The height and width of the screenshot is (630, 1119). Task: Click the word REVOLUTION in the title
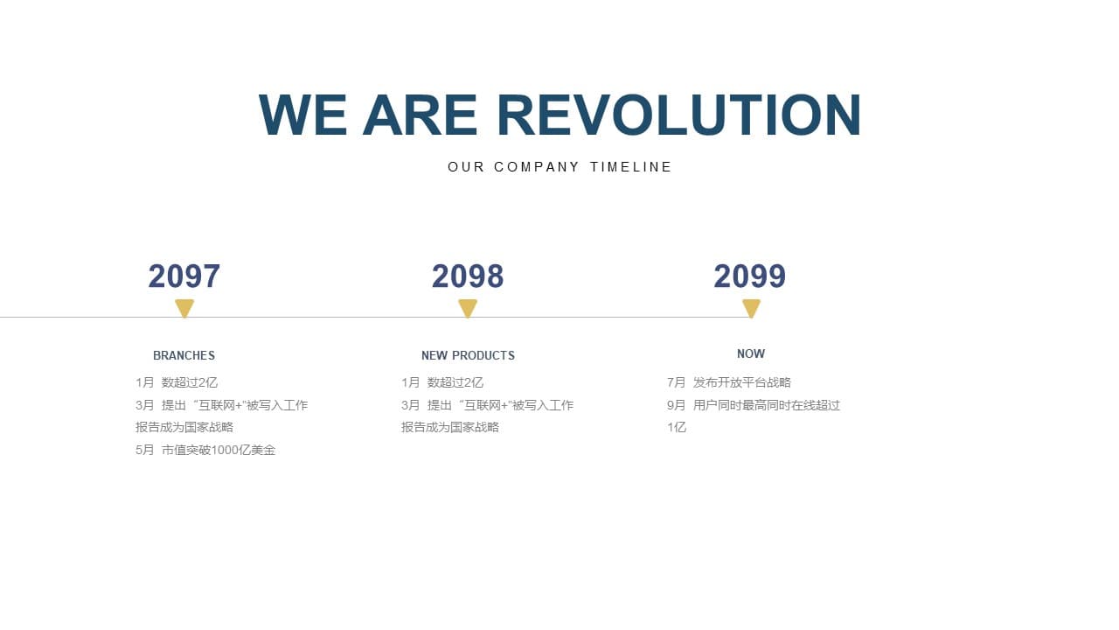coord(679,115)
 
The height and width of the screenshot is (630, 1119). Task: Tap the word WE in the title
coord(302,115)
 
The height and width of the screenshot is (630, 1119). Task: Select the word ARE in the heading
coord(420,115)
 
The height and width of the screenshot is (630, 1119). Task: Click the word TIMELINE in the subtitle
coord(630,167)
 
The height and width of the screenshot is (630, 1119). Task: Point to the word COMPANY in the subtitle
coord(537,167)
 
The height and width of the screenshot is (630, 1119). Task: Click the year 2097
coord(184,276)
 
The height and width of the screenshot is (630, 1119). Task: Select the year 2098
coord(468,276)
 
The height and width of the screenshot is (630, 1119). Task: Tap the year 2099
coord(750,276)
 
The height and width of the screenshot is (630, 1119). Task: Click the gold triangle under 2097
coord(184,307)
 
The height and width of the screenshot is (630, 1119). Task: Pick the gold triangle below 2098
coord(468,307)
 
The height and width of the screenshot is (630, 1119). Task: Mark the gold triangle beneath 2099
coord(751,307)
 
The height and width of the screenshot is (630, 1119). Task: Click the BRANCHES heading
coord(184,355)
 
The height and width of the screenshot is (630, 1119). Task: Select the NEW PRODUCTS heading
coord(468,355)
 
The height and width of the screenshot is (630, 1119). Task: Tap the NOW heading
coord(751,353)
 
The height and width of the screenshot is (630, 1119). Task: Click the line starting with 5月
coord(205,450)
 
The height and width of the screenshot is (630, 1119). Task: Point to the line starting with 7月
coord(729,382)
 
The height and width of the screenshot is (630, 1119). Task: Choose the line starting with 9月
coord(754,405)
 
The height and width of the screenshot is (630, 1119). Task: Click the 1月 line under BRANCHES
coord(177,382)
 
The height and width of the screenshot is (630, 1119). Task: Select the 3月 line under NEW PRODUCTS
coord(487,405)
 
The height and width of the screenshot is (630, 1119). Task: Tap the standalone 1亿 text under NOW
coord(677,427)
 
